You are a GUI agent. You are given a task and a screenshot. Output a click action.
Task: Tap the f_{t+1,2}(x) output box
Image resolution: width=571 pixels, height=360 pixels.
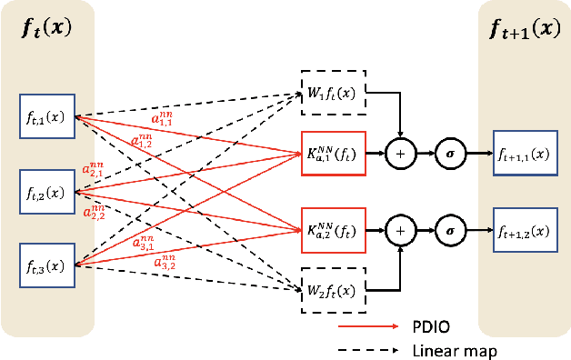coord(526,228)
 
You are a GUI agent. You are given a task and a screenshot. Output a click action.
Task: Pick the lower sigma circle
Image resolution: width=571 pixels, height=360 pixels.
coord(448,229)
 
